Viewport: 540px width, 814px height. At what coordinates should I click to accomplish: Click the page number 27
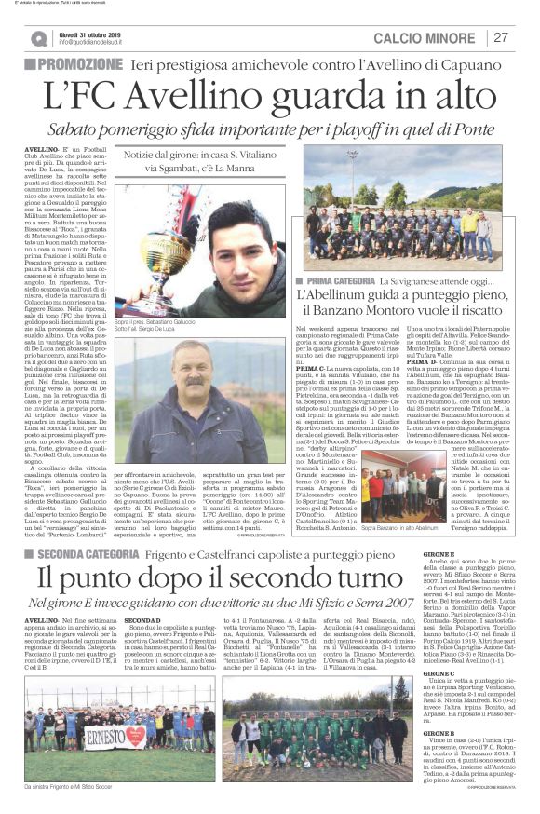pos(501,37)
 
